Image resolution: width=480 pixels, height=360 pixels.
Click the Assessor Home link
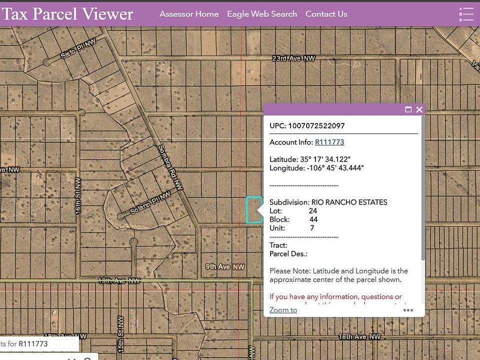click(x=189, y=14)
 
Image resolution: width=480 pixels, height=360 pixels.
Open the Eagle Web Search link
click(x=262, y=14)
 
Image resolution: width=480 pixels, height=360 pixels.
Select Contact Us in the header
click(x=326, y=14)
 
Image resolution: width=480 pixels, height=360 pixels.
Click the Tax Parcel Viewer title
click(x=67, y=14)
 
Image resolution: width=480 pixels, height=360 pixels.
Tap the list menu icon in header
click(x=466, y=14)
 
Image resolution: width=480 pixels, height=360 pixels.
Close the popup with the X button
click(x=419, y=109)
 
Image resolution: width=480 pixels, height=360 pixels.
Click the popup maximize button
click(x=408, y=109)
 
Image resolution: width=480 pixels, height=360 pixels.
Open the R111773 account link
click(x=329, y=142)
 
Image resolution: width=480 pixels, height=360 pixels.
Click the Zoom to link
click(x=283, y=310)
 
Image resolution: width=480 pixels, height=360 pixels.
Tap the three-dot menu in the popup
click(x=408, y=310)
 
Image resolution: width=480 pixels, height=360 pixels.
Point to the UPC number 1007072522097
click(x=316, y=125)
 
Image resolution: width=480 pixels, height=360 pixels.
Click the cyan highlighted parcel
click(x=253, y=210)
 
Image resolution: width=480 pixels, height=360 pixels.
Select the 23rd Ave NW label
click(x=293, y=58)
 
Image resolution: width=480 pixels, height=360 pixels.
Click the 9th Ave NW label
click(x=225, y=266)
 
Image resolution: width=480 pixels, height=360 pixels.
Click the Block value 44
click(x=313, y=219)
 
